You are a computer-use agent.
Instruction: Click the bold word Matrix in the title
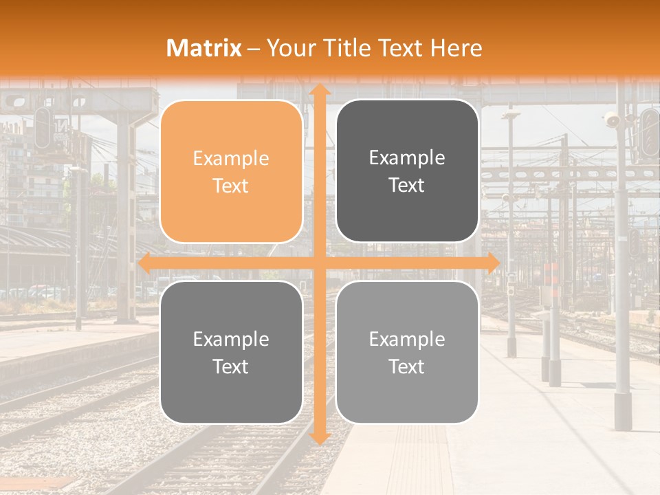[204, 48]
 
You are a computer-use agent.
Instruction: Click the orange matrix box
[231, 172]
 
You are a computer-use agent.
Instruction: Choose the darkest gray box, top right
[407, 171]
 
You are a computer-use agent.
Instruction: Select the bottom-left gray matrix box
[231, 353]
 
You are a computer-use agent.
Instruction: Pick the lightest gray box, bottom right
[407, 353]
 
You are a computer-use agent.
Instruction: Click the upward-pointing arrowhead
[318, 89]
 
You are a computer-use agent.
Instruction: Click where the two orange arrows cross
[318, 263]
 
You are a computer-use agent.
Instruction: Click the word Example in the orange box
[231, 159]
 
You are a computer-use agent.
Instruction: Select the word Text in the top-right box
[407, 185]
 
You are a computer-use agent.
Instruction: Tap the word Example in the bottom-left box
[231, 340]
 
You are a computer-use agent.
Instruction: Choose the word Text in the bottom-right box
[407, 366]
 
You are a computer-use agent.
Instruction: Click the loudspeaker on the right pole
[611, 121]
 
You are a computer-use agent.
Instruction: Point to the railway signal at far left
[43, 128]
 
